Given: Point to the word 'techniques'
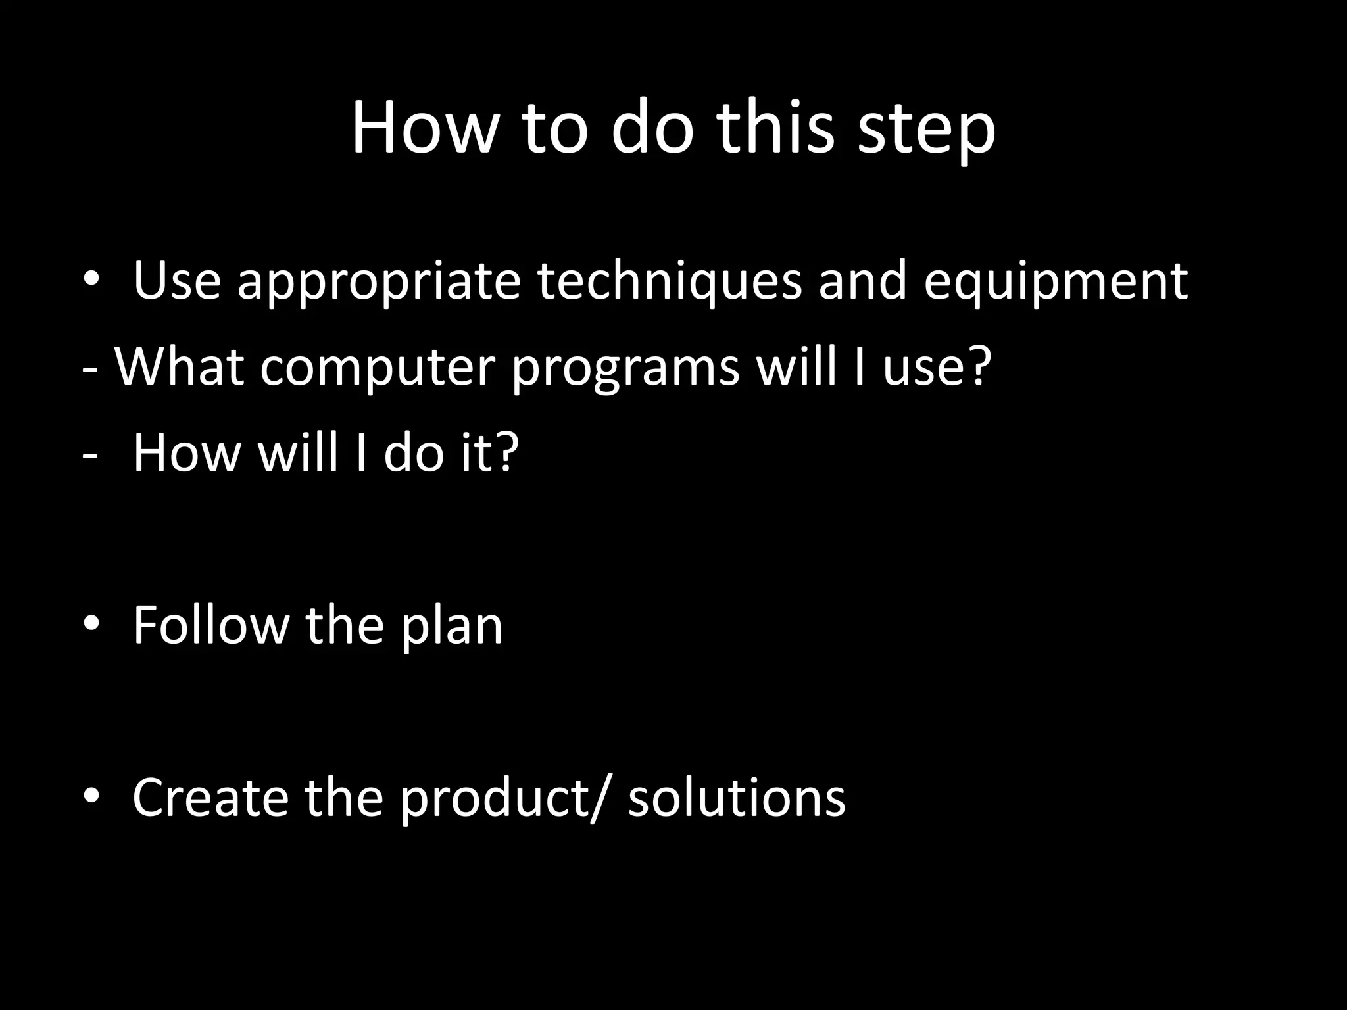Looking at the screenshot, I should coord(670,281).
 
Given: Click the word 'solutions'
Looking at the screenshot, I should coord(737,797).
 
